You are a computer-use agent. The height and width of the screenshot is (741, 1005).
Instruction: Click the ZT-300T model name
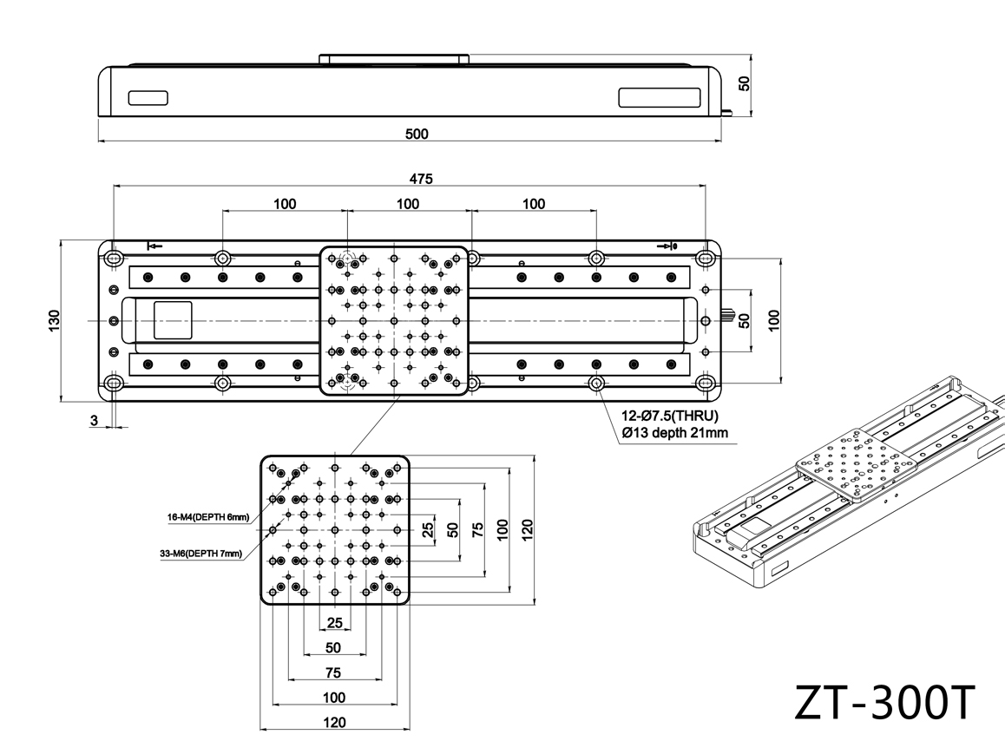click(x=884, y=703)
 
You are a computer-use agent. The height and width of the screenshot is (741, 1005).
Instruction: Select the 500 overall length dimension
click(x=417, y=134)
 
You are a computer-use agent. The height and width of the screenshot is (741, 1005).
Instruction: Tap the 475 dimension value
click(x=420, y=179)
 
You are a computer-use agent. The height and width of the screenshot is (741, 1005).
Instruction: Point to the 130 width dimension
click(x=54, y=320)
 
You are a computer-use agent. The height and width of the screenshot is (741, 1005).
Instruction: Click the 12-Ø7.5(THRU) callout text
click(x=670, y=416)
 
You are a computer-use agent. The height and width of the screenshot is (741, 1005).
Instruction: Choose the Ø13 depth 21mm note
click(x=675, y=433)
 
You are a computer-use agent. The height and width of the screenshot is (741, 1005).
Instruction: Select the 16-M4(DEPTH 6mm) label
click(x=208, y=517)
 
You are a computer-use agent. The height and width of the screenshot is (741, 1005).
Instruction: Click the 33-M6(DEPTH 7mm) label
click(x=201, y=554)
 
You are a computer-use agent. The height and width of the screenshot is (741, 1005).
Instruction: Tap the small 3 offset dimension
click(x=95, y=421)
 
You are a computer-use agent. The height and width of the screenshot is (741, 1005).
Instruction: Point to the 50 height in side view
click(x=744, y=83)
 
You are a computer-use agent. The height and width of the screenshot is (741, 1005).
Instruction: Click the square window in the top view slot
click(x=173, y=320)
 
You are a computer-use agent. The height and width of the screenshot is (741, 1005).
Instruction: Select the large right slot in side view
click(x=660, y=97)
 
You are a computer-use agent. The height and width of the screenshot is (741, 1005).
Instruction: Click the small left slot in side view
click(x=148, y=98)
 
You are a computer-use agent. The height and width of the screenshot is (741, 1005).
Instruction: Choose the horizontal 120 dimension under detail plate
click(x=335, y=723)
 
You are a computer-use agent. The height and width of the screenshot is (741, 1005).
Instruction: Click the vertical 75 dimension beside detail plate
click(x=477, y=529)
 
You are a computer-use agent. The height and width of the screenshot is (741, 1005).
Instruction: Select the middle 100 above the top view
click(x=408, y=204)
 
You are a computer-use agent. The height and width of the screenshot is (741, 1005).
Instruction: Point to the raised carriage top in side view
click(x=394, y=59)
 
